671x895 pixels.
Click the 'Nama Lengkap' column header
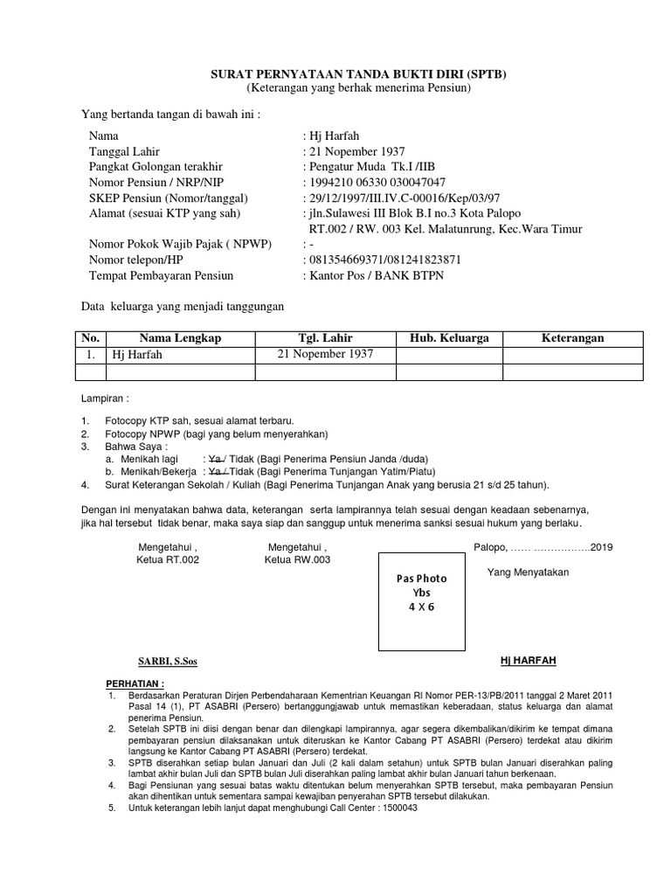180,338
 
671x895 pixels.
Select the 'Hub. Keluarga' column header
449,338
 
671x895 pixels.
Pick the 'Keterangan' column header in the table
572,338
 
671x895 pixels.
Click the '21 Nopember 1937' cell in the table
325,354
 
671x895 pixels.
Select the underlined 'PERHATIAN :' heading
135,683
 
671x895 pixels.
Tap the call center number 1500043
396,808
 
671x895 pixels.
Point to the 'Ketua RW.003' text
297,560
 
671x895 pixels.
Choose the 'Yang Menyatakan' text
528,572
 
